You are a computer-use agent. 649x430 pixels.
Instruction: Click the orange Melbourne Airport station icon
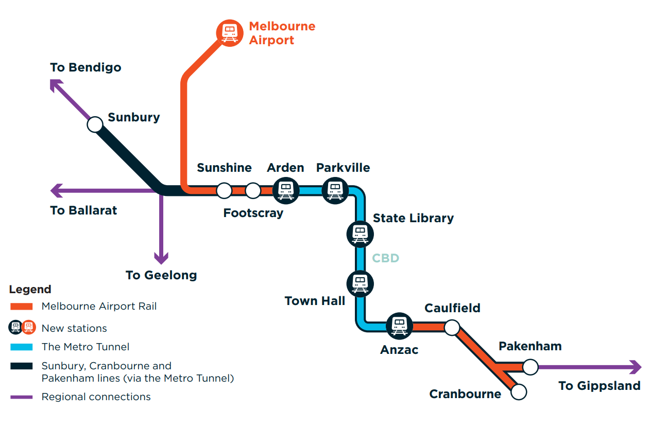coord(229,33)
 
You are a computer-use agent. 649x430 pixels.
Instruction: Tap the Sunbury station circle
coord(95,124)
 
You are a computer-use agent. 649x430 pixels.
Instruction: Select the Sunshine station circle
coord(224,190)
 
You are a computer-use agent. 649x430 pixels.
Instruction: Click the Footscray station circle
coord(253,190)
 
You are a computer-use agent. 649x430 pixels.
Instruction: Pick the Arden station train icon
coord(285,190)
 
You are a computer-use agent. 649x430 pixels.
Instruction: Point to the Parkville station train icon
coord(335,190)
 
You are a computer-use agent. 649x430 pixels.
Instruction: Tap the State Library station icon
coord(360,234)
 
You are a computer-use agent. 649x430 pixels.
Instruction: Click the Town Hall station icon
coord(360,283)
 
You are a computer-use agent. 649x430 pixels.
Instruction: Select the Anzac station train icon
coord(399,326)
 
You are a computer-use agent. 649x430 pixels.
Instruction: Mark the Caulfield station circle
coord(452,327)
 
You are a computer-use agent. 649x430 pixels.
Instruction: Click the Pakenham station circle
coord(530,367)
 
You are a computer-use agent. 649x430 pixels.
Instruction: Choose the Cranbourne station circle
coord(519,392)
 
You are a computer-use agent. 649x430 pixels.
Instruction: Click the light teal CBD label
coord(386,258)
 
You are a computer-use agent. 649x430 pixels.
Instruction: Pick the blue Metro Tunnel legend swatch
coord(22,347)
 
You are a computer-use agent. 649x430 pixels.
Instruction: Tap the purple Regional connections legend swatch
coord(22,397)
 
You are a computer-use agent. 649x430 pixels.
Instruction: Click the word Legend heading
coord(30,290)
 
